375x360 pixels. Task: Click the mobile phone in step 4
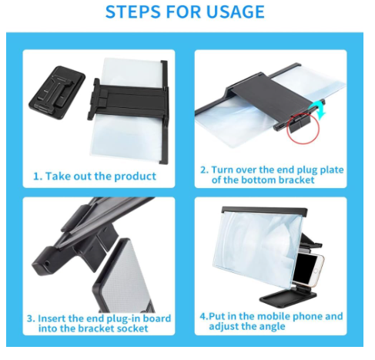tap(308, 268)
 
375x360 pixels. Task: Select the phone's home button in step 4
tap(316, 271)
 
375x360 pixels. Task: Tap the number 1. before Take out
tap(37, 177)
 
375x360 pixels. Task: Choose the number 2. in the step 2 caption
tap(204, 170)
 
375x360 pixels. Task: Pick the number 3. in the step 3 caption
tap(31, 318)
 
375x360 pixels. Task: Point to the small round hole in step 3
tap(48, 264)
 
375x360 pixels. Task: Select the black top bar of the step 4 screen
tap(264, 210)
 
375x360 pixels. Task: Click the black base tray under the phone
tap(288, 300)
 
